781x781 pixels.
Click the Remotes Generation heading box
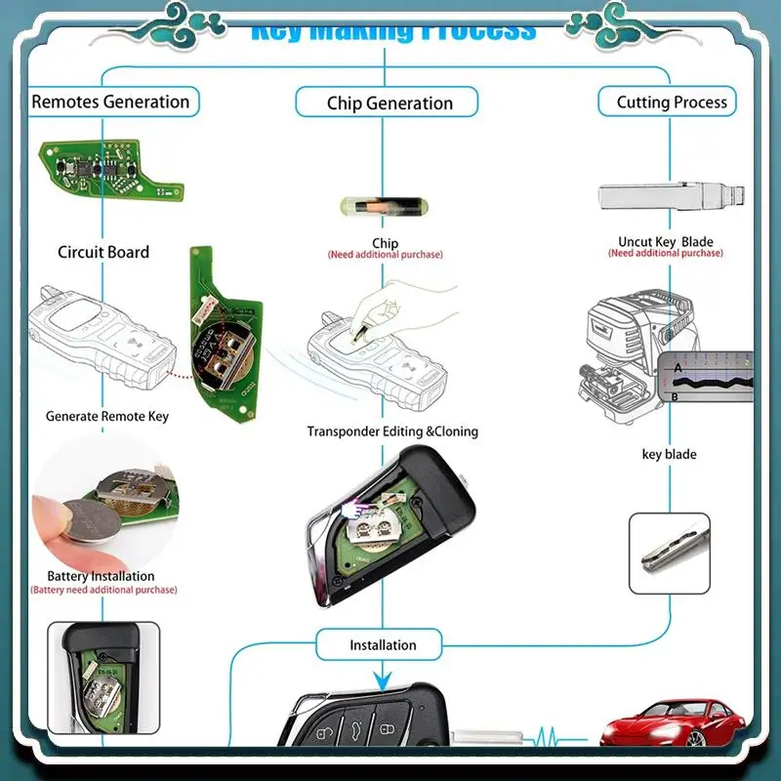pos(110,102)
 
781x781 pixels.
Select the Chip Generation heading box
pos(389,103)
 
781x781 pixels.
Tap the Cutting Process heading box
pos(672,102)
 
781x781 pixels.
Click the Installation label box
pos(383,644)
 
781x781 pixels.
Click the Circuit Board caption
pos(103,252)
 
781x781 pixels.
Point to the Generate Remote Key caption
pos(107,416)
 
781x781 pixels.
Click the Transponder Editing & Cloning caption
pos(392,432)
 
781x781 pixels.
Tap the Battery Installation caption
pos(102,576)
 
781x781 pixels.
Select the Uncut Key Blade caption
pos(666,241)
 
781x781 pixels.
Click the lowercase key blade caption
pos(669,454)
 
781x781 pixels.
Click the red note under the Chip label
pos(385,255)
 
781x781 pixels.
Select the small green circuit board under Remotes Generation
pos(109,167)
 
